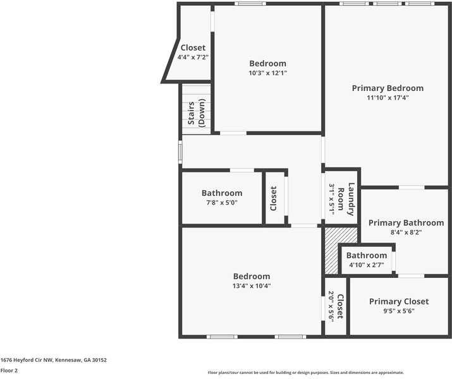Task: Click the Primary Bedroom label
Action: coord(388,88)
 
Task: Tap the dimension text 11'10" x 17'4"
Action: coord(388,98)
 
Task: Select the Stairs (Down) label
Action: coord(197,113)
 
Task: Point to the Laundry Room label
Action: coord(346,199)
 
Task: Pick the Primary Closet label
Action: coord(399,301)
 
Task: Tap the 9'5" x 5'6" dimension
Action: coord(399,311)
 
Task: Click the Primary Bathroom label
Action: coord(406,223)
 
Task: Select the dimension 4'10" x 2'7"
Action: coord(367,265)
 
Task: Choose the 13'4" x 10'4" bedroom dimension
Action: coord(252,286)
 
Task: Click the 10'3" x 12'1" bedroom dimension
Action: coord(268,73)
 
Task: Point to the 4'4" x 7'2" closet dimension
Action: coord(193,57)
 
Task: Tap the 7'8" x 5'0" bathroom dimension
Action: coord(222,203)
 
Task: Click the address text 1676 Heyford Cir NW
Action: coord(27,360)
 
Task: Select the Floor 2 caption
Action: coord(9,371)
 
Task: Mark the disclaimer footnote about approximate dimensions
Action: coord(306,373)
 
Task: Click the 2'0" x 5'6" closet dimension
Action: coord(331,306)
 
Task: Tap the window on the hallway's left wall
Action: coord(180,152)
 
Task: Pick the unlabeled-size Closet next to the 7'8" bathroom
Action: coord(273,198)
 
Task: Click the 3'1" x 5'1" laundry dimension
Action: coord(331,200)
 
